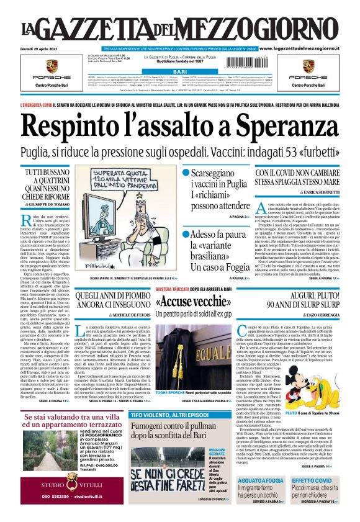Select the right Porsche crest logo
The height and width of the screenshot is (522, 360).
[x=308, y=65]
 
